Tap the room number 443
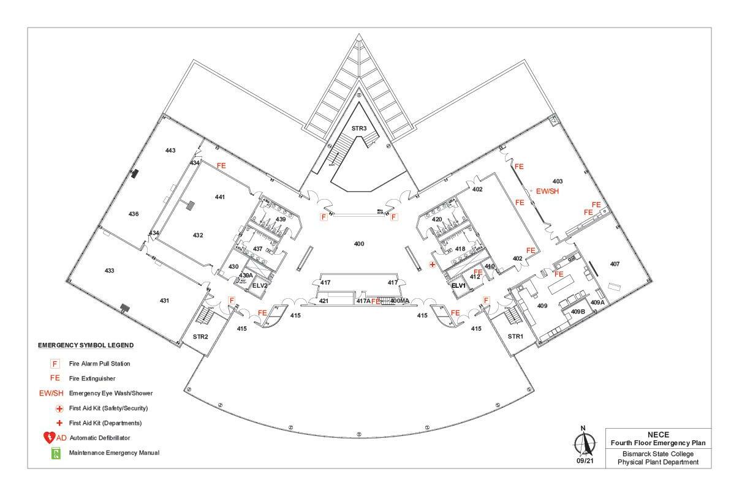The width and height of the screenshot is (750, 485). pos(170,150)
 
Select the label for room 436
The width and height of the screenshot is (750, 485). pos(134,214)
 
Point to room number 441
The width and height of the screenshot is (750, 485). pos(220,197)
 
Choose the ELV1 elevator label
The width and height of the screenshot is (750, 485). pos(459,285)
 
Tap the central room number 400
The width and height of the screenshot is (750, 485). pos(359,244)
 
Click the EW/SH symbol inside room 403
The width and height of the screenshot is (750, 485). pos(548,191)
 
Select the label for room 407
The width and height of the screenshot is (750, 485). pos(615,264)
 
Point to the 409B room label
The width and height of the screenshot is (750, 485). pos(578,312)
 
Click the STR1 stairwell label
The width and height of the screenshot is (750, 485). pos(515,336)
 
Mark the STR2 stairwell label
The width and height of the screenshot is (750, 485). pos(200,336)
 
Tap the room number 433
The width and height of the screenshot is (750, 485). pos(110,271)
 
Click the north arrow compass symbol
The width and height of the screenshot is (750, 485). pos(583,442)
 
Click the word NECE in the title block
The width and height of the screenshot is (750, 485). pos(658,434)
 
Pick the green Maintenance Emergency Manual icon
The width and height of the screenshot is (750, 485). pos(56,453)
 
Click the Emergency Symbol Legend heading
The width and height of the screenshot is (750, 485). pos(86,345)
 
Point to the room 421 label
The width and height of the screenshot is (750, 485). pos(324,301)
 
